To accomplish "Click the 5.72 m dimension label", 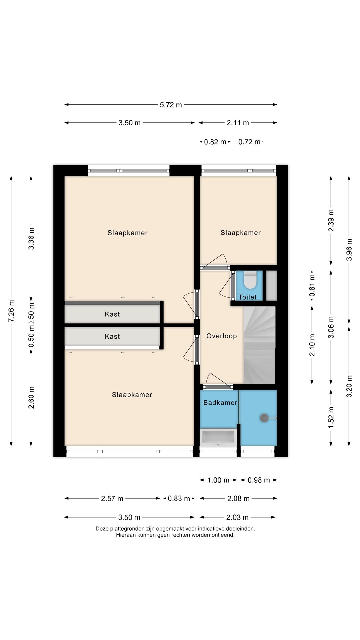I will [x=171, y=105].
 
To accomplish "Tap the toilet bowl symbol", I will [x=250, y=281].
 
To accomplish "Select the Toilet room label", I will [x=248, y=297].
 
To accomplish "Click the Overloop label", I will [x=222, y=336].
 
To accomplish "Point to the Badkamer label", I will [x=220, y=402].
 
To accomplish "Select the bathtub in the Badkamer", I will [x=218, y=437].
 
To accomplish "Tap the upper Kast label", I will [x=112, y=314].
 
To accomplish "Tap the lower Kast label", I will [x=112, y=336].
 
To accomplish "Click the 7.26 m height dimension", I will [x=11, y=311].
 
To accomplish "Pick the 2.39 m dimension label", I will [x=331, y=220].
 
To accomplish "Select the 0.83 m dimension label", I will [x=179, y=498].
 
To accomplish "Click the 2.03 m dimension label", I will [x=237, y=517].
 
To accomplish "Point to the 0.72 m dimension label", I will [x=249, y=142].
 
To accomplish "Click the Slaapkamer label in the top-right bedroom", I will [x=241, y=233].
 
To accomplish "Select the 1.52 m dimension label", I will [x=331, y=418].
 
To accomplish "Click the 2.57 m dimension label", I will [x=112, y=498].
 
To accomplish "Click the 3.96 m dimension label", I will [x=349, y=249].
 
